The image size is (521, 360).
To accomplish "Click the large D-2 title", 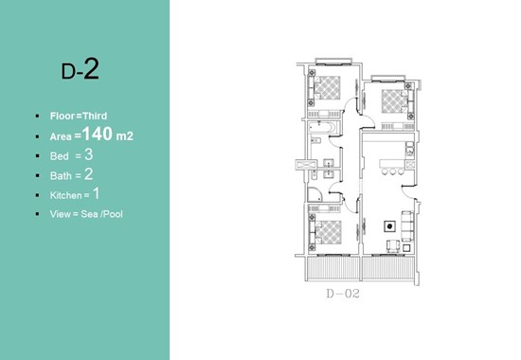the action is pos(81,69).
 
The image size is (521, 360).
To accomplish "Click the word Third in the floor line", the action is pos(95,116).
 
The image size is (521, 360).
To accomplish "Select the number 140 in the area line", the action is pos(97,134).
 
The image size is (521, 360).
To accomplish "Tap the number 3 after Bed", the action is pos(89,155).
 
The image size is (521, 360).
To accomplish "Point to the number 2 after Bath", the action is pos(89,174).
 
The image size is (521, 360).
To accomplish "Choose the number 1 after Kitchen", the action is pos(96,194).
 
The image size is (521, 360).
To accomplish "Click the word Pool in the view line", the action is pos(113,214).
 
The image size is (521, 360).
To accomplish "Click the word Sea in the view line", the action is pos(89,214).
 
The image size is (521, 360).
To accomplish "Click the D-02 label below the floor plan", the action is pos(343,294).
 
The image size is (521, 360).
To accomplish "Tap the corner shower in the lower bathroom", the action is pos(314,195).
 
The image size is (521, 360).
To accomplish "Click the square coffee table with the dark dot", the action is pos(389,226).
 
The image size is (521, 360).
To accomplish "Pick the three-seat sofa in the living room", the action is pos(407,226).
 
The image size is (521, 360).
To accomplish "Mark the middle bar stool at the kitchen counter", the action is pos(393,171).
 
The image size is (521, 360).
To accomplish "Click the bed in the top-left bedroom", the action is pos(327,88).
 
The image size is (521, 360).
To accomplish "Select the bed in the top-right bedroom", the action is pos(395,101).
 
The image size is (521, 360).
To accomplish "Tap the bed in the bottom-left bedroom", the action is pos(328,232).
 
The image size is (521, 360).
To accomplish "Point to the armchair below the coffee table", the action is pos(393,246).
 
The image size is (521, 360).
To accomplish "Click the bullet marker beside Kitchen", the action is pos(38,195).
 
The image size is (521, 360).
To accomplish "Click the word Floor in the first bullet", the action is pos(63,116).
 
